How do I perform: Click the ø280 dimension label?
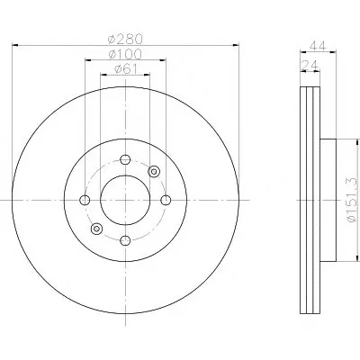[x=125, y=39]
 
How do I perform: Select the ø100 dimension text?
[x=125, y=54]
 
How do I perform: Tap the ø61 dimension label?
[x=126, y=69]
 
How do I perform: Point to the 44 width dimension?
[x=318, y=46]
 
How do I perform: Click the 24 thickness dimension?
[x=310, y=64]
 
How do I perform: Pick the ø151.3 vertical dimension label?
[x=351, y=200]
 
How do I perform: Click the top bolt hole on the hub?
[x=125, y=159]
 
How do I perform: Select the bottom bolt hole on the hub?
[x=125, y=240]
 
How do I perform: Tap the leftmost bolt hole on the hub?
[x=85, y=200]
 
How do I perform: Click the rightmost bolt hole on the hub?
[x=166, y=200]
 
